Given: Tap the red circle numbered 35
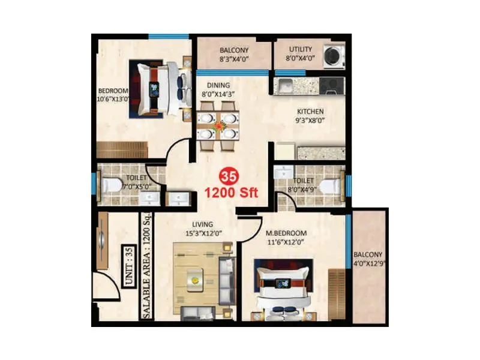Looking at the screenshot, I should click(x=227, y=176).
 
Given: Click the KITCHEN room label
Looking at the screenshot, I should click(x=311, y=112).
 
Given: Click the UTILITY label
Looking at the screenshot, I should click(x=301, y=49).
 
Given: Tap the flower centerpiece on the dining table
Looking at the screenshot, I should click(x=217, y=125).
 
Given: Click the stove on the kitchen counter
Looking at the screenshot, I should click(x=330, y=86).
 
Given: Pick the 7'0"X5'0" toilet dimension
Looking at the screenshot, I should click(x=133, y=187).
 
